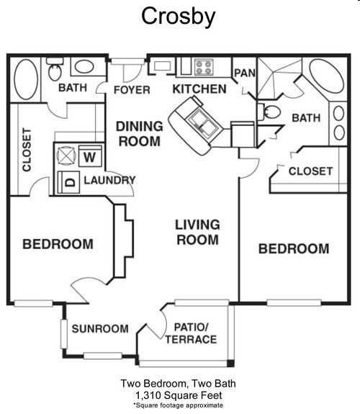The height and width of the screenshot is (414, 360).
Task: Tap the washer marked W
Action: [90, 156]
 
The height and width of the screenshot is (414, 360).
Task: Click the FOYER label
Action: [132, 90]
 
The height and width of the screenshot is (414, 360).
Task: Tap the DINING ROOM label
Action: [139, 133]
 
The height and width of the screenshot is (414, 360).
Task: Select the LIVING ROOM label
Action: [197, 232]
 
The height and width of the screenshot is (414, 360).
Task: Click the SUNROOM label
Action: [100, 329]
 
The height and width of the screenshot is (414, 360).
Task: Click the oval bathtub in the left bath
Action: [25, 80]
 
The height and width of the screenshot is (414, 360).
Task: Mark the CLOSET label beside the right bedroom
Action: [310, 171]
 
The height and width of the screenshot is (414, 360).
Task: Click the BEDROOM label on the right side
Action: [294, 249]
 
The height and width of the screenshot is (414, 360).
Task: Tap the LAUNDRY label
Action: [109, 180]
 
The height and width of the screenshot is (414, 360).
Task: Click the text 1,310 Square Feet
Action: [179, 395]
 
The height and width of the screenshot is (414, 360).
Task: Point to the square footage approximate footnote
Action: [179, 405]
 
